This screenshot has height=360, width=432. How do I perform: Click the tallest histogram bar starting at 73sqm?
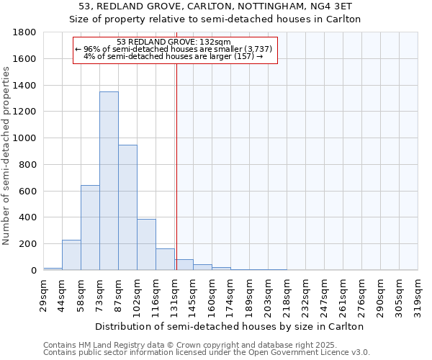pyautogui.click(x=109, y=181)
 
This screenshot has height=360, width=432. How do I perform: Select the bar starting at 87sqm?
pyautogui.click(x=127, y=207)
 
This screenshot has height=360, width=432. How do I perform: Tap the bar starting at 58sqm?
pyautogui.click(x=90, y=228)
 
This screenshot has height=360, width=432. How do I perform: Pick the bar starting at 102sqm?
pyautogui.click(x=146, y=245)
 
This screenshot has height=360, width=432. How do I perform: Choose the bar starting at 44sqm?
pyautogui.click(x=71, y=255)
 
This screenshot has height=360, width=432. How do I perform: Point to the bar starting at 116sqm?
pyautogui.click(x=165, y=259)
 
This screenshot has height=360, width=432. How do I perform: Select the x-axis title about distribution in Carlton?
pyautogui.click(x=230, y=326)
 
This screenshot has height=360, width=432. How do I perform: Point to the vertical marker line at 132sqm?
pyautogui.click(x=176, y=180)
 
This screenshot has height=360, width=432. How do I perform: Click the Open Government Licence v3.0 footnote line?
pyautogui.click(x=207, y=353)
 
